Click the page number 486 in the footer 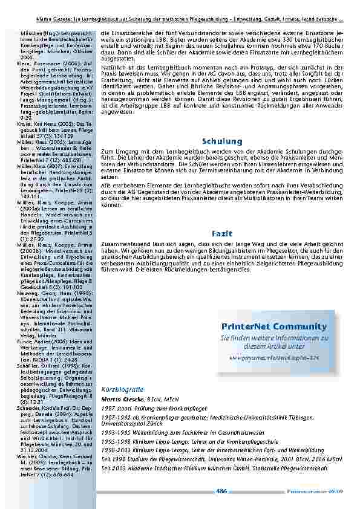(x=221, y=491)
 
